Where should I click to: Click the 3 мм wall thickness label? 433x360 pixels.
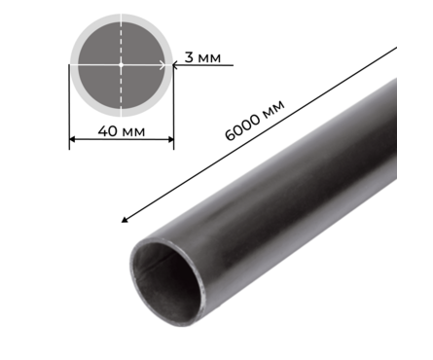click(x=202, y=57)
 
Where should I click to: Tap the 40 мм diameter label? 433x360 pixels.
click(x=122, y=131)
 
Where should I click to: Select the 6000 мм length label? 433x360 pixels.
click(x=255, y=120)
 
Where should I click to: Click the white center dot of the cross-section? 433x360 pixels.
click(x=121, y=64)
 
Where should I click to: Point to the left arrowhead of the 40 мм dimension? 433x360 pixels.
click(x=72, y=139)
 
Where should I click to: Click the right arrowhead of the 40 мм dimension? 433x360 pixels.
click(x=170, y=139)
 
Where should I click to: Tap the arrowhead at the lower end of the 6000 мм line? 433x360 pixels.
click(x=124, y=220)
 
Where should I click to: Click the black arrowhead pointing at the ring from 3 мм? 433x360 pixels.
click(x=174, y=65)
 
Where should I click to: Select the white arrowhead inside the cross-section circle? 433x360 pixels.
click(x=162, y=65)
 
